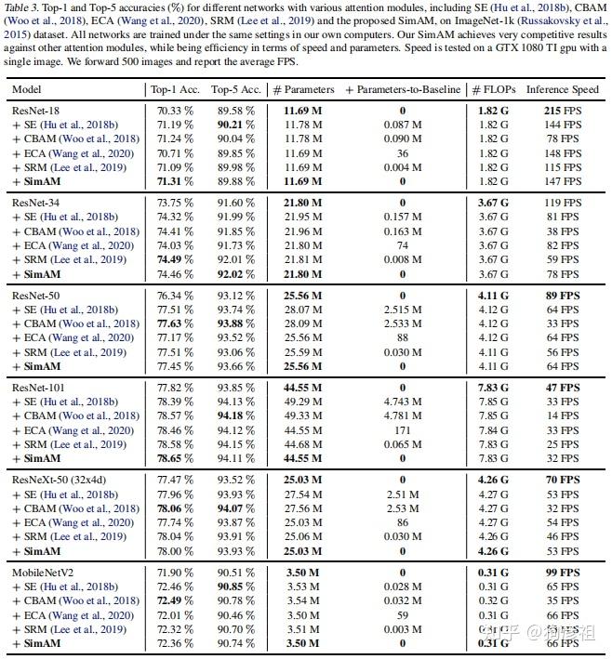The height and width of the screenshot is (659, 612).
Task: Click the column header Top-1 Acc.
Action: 173,89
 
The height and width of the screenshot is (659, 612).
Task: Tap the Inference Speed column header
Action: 562,89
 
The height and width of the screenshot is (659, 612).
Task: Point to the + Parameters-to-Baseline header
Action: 402,89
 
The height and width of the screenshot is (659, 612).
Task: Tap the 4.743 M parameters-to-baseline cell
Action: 402,402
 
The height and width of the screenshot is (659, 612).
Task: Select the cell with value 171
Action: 402,430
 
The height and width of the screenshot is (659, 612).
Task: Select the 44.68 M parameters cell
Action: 297,444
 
